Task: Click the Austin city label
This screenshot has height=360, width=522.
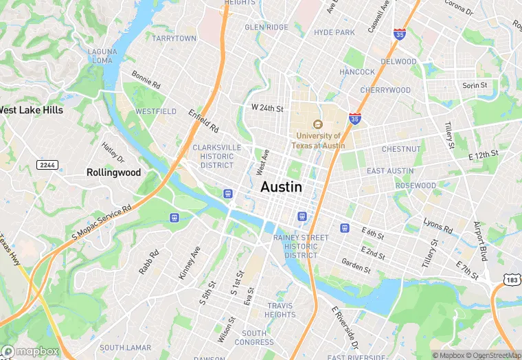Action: point(281,187)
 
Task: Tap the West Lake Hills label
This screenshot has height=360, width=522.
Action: point(31,110)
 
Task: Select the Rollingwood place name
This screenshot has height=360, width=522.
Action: point(113,172)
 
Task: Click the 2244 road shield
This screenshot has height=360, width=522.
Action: point(46,165)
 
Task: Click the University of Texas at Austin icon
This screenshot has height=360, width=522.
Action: point(317,124)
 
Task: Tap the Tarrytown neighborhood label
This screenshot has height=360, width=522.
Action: point(174,38)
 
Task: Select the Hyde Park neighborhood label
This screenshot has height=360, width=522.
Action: point(334,32)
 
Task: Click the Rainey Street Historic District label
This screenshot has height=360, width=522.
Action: point(301,246)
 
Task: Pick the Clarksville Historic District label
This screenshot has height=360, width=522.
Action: point(217,156)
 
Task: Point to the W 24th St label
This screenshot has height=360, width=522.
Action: point(267,108)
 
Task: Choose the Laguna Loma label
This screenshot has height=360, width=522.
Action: point(101,56)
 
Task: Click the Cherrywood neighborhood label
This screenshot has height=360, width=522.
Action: point(385,90)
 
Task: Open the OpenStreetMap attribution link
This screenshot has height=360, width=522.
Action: point(492,355)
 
